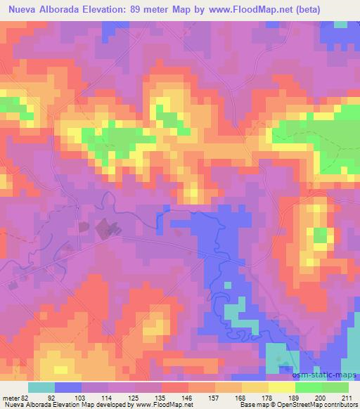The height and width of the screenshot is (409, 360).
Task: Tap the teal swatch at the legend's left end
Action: coord(41,387)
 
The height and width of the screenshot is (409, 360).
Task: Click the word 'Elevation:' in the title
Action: coord(112,8)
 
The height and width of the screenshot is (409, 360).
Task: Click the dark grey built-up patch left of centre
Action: coord(105,226)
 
